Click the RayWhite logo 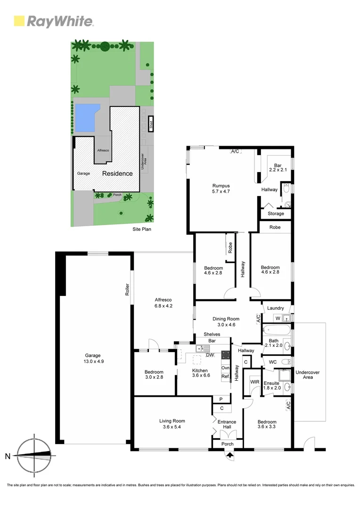click(53, 21)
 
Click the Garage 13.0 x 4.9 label click(93, 359)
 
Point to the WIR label click(254, 382)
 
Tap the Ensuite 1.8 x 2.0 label click(272, 386)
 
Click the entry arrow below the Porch click(229, 455)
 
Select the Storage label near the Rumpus click(276, 213)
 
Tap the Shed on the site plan click(151, 124)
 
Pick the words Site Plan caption click(142, 230)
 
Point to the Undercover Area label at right click(308, 375)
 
